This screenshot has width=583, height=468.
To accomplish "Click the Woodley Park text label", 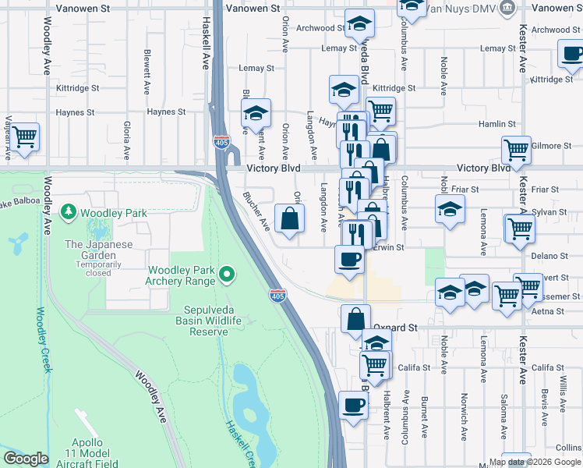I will pos(104,212).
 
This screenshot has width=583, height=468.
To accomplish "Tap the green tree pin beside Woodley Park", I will pos(69,212).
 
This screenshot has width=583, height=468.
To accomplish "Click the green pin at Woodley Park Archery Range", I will pos(227,274).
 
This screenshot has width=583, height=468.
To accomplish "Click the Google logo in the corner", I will pos(25,459).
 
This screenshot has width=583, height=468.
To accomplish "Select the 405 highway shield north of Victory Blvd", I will pos(221,141).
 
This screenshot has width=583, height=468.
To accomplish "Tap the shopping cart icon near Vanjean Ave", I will pos(24,136).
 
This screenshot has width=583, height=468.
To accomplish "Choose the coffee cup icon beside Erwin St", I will pos(349,259).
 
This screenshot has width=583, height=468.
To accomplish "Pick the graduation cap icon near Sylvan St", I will pos(450,208).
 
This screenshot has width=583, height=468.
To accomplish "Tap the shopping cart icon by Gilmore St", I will pos(516,149).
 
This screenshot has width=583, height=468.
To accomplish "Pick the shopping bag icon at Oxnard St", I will pos(355,318).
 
